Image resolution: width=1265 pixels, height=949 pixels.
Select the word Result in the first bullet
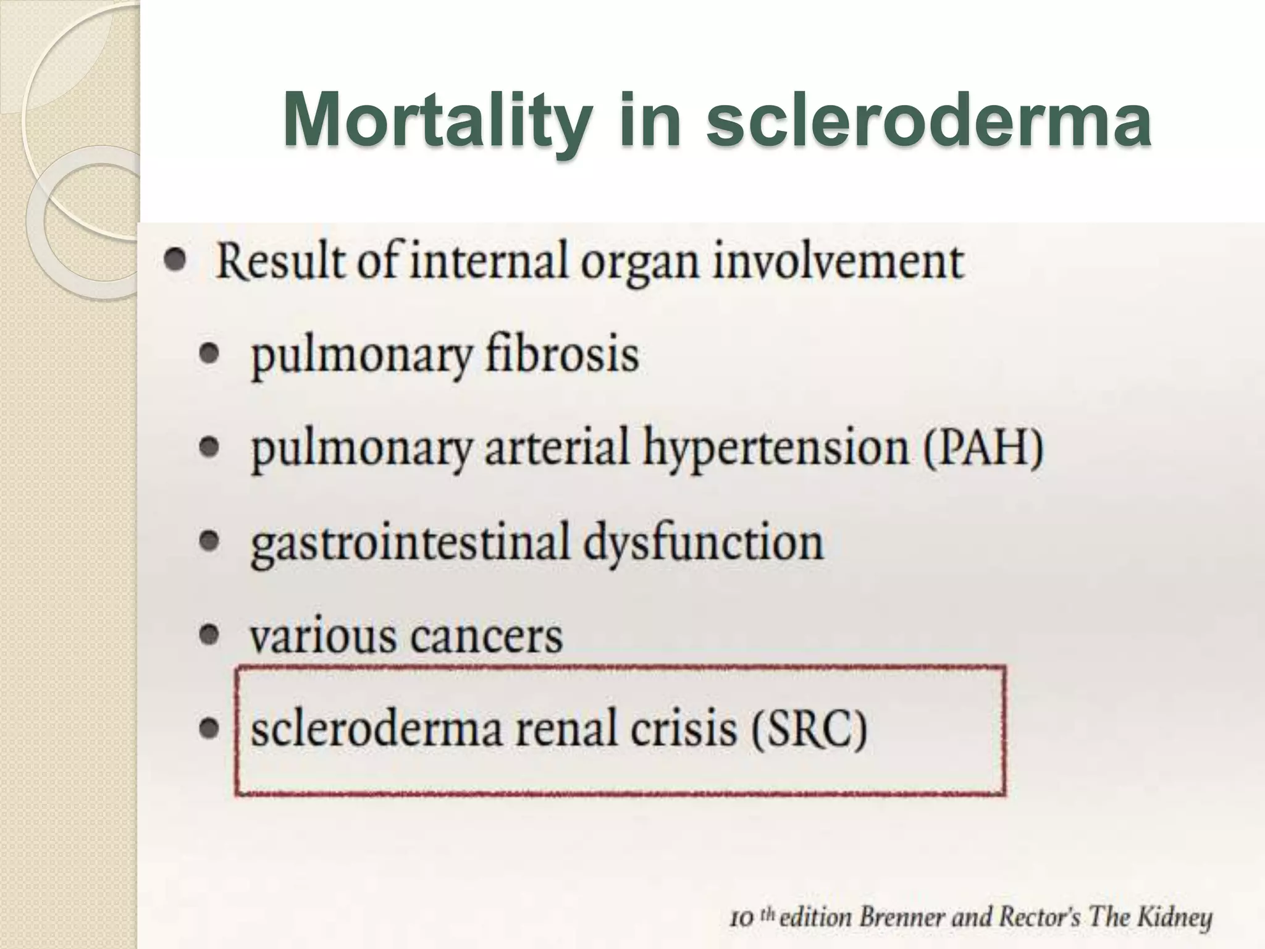click(x=279, y=262)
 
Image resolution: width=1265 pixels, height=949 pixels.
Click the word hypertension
click(x=775, y=450)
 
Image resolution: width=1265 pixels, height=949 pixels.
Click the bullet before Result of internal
click(x=176, y=261)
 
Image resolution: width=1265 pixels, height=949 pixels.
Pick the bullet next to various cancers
click(x=211, y=635)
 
